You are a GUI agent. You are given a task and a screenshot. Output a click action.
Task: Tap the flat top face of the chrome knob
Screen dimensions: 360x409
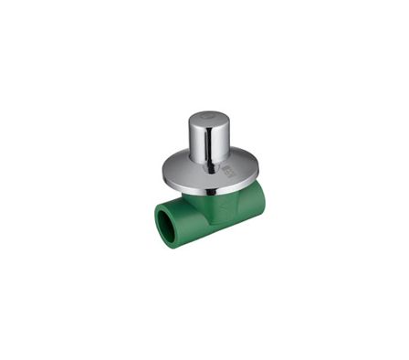pos(208,120)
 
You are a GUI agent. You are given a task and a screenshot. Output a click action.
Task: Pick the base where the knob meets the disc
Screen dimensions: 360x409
pos(208,161)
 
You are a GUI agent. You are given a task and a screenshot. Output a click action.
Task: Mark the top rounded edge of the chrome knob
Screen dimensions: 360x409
pos(208,113)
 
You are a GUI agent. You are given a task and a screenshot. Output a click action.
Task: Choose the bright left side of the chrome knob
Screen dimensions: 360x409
pos(195,142)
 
